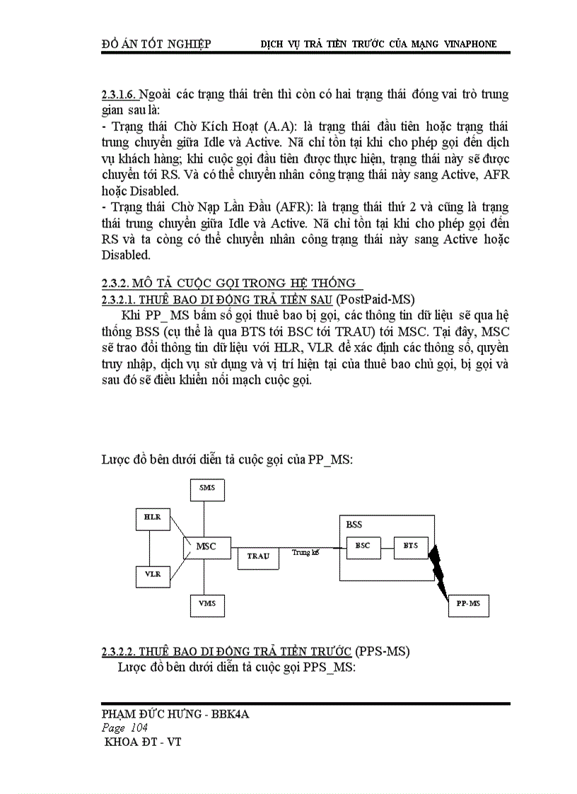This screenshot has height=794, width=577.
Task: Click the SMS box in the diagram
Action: click(x=207, y=488)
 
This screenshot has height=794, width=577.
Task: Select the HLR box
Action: click(x=152, y=518)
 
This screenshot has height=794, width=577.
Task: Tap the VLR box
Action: click(x=153, y=573)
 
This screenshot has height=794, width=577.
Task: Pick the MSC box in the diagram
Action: click(x=206, y=546)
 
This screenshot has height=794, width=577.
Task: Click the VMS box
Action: click(x=207, y=604)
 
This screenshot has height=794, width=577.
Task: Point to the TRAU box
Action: click(x=258, y=556)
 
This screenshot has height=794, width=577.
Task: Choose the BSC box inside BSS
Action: click(x=362, y=546)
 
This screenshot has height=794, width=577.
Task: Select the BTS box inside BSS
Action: click(x=411, y=546)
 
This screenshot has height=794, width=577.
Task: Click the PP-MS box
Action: click(x=468, y=604)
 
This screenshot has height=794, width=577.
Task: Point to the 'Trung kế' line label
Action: click(x=305, y=552)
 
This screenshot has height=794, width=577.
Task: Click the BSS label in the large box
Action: click(x=354, y=525)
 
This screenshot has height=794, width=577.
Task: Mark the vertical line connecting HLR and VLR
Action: click(x=151, y=546)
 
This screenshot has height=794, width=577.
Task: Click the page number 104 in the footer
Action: click(x=138, y=728)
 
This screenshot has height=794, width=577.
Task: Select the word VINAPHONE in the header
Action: click(x=470, y=44)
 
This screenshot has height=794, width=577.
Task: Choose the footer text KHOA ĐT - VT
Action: click(x=142, y=742)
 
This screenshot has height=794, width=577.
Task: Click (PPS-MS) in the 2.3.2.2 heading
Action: click(x=383, y=650)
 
